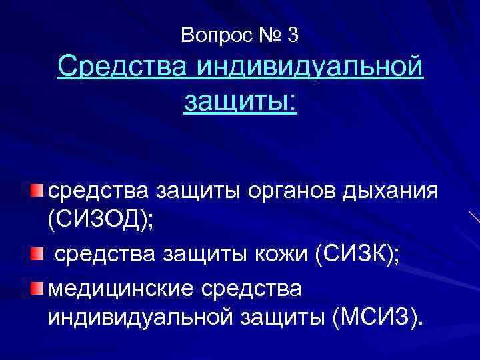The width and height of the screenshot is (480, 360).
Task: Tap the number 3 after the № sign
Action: point(293,35)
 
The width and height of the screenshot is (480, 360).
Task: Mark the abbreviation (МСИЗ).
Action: point(377,319)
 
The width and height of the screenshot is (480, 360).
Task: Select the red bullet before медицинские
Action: point(36,287)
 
